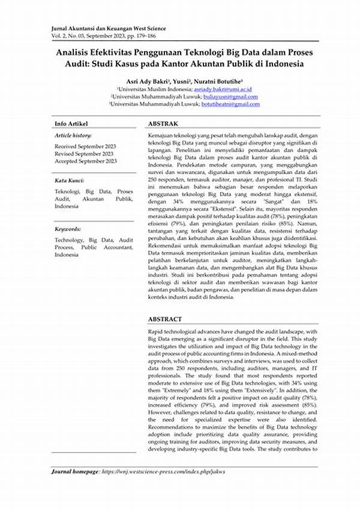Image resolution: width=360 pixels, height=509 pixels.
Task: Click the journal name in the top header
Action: click(108, 28)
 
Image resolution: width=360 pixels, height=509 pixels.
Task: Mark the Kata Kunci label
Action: click(69, 180)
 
